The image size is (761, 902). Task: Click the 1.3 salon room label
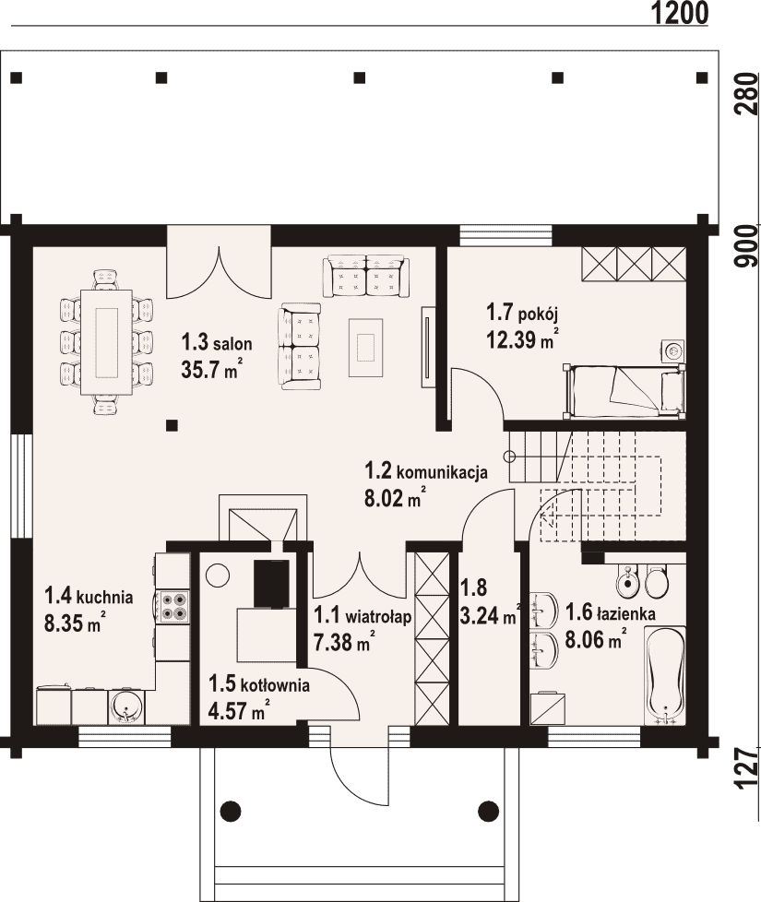tap(217, 343)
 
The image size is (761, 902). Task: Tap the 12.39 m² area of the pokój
tap(522, 338)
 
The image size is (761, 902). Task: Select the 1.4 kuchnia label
tap(89, 596)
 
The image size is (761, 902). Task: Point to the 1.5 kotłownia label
tap(259, 684)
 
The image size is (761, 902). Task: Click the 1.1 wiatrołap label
tap(363, 616)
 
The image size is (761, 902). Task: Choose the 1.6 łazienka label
tap(611, 612)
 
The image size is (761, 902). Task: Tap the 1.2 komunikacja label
tap(426, 471)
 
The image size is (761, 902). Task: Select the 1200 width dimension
tap(680, 13)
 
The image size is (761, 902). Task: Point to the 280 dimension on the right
tap(747, 94)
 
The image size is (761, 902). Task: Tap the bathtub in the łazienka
tap(665, 675)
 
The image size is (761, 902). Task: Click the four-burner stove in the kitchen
tap(173, 606)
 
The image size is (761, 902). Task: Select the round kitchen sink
tap(126, 706)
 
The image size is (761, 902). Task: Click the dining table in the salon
tap(106, 342)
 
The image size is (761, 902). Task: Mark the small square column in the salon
tap(172, 426)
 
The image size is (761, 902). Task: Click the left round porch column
tap(230, 811)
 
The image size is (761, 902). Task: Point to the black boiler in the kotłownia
tap(272, 583)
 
